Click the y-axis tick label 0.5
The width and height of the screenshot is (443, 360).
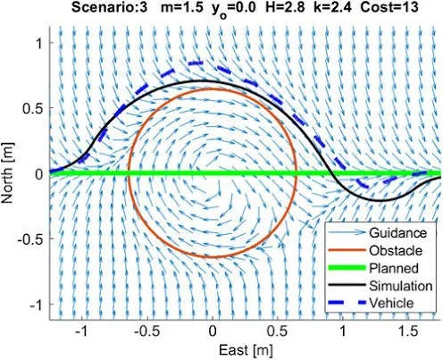tap(33, 108)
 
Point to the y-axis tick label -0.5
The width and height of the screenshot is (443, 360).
tap(30, 239)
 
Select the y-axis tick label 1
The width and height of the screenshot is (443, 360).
tap(39, 44)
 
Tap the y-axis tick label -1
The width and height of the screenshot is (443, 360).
tap(37, 305)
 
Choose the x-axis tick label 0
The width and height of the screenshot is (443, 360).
tap(213, 331)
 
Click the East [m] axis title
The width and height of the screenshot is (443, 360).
tap(246, 350)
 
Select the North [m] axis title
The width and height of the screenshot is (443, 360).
tap(8, 173)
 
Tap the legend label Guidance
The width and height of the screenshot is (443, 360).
tap(397, 233)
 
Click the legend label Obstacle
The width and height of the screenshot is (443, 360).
tap(396, 251)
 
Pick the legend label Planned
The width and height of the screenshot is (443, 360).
tap(394, 268)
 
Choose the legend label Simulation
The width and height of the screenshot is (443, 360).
tap(401, 286)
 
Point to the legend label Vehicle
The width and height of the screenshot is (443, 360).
tap(391, 303)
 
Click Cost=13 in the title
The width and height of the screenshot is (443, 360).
tap(389, 7)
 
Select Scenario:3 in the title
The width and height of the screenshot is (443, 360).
tap(109, 7)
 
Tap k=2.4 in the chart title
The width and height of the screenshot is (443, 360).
tap(332, 7)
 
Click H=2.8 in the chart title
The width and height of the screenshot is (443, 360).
tap(285, 7)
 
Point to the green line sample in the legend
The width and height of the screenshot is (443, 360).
tap(347, 268)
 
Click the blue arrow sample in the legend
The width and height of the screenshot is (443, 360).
tap(347, 232)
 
